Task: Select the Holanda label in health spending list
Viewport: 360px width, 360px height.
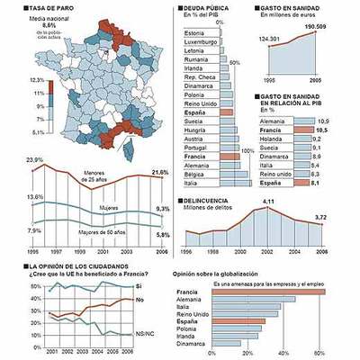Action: tap(272, 139)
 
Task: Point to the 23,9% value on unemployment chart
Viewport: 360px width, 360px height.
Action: tap(34, 160)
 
